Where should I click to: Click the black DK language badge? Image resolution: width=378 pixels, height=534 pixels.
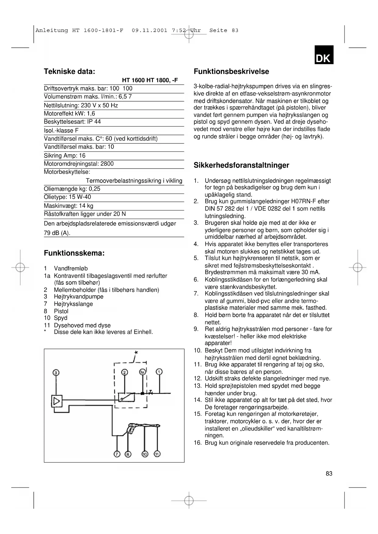click(324, 55)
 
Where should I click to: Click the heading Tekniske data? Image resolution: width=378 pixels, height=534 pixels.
click(69, 72)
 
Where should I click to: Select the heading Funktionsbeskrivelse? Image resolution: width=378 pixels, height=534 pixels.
click(231, 72)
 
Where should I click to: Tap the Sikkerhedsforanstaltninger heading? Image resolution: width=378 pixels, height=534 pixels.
click(241, 165)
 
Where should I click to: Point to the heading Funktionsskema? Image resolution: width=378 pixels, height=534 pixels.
click(74, 253)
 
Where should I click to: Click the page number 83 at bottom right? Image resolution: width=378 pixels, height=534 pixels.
click(329, 473)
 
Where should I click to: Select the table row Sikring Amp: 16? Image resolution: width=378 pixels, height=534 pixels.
click(65, 156)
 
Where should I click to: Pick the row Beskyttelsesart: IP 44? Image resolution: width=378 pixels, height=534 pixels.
click(72, 122)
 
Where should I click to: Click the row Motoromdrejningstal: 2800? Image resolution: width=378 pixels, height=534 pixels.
click(79, 164)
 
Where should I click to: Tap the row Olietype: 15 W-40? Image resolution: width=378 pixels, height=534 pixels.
click(67, 197)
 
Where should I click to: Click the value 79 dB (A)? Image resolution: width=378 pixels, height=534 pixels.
click(57, 233)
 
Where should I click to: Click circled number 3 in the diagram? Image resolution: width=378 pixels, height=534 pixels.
click(56, 372)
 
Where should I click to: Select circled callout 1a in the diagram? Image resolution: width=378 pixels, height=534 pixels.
click(142, 372)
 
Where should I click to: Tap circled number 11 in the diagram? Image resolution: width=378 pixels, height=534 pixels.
click(157, 454)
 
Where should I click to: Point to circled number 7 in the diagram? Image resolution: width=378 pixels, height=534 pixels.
click(117, 454)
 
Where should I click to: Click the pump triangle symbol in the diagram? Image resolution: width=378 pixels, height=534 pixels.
click(57, 401)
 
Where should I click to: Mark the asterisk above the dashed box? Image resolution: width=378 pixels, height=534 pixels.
click(136, 353)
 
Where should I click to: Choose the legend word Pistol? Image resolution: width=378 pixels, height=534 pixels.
click(61, 311)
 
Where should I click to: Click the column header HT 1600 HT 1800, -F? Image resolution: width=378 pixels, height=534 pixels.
click(150, 80)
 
